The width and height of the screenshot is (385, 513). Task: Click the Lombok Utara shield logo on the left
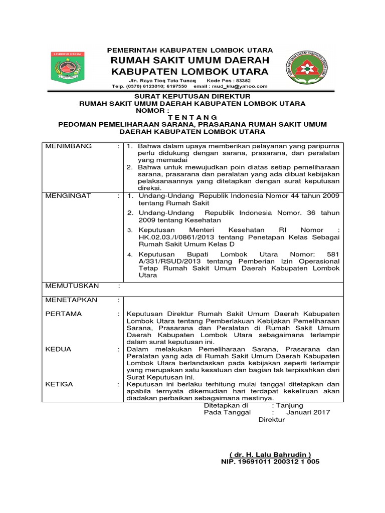pos(68,67)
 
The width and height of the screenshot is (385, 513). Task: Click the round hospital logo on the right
pos(309,68)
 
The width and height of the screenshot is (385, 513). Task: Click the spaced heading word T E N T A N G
pos(193,117)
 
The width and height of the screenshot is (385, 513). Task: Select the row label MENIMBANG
pos(69,146)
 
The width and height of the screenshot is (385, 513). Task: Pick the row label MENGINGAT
pos(68,196)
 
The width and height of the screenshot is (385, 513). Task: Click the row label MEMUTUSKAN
pos(72,286)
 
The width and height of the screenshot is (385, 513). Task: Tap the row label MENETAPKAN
pos(71,300)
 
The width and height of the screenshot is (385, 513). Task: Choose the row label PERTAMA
pos(64,314)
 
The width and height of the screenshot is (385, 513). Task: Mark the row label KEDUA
pos(58,349)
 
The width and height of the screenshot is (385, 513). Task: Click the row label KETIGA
pos(59,384)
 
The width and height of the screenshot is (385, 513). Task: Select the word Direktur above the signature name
pos(271,419)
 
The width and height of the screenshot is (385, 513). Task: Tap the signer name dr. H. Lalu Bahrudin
pos(270,454)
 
